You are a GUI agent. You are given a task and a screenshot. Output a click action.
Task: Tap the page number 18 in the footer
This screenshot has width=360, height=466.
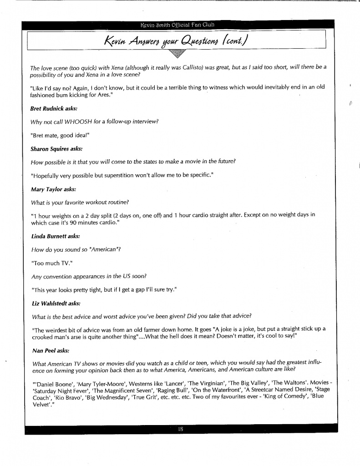[x=181, y=429]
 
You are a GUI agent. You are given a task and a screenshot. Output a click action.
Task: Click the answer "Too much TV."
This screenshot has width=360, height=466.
[x=48, y=263]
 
